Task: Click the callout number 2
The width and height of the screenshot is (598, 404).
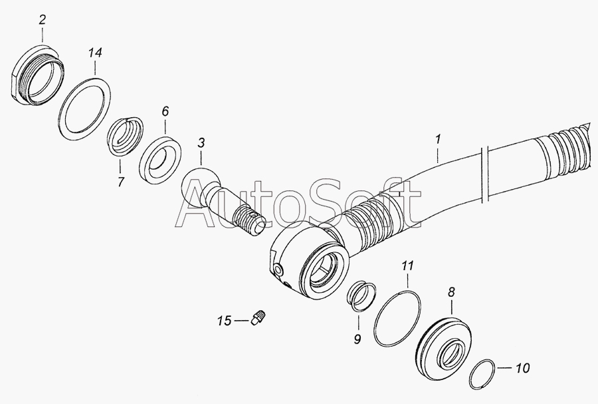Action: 42,19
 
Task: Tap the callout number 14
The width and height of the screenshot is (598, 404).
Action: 95,53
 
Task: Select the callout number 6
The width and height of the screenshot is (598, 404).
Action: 165,112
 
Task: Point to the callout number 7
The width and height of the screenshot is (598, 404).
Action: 120,182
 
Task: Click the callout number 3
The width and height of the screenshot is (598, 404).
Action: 201,143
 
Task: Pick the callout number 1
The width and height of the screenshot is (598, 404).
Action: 439,139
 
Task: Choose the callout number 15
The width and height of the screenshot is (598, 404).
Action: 225,321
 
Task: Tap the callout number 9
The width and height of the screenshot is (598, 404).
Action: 357,339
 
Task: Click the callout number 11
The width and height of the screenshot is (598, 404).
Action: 408,266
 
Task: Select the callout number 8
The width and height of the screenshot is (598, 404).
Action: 451,292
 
